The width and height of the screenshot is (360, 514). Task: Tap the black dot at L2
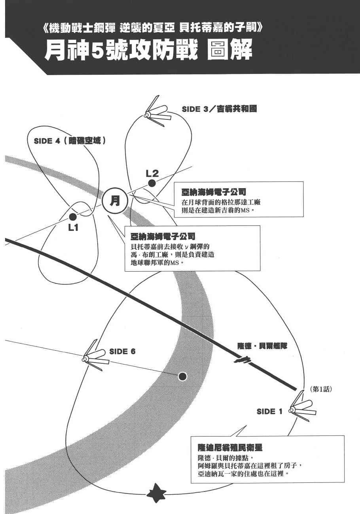pos(152,183)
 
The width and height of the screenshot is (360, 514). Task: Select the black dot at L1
pos(72,217)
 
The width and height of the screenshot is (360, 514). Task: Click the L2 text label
pos(152,173)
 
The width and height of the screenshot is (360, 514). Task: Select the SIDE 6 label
pos(122,351)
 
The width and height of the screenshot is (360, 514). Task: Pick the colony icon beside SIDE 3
pos(155,113)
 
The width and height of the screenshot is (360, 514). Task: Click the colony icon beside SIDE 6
pos(93,358)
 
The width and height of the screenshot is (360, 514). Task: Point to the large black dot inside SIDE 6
pos(182,376)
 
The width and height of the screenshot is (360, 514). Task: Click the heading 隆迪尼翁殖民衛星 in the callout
pos(230,448)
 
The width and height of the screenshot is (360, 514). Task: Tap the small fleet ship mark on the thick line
pos(243,360)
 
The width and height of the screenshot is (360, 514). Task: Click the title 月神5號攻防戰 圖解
pos(148,52)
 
